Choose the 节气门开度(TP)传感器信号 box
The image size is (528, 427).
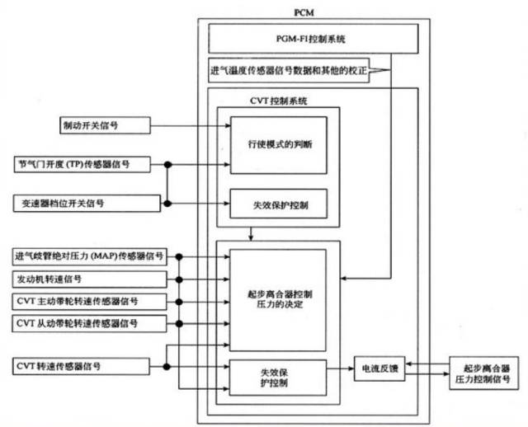tap(84, 165)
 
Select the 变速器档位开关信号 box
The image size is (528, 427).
tap(84, 202)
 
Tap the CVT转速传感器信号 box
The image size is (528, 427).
tap(84, 364)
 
